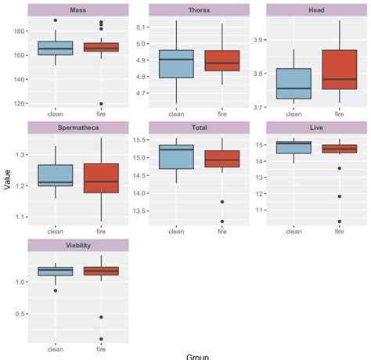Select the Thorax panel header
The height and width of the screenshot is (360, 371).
coord(199,9)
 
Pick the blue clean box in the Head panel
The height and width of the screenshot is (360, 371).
coord(294,83)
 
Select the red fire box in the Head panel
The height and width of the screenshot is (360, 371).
coord(339,74)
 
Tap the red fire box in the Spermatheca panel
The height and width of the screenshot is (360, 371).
coord(101,178)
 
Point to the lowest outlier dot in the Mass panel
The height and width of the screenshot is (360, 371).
coord(101,103)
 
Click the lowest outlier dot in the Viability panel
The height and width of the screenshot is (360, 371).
coord(101,339)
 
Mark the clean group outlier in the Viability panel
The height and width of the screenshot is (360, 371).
coord(56,290)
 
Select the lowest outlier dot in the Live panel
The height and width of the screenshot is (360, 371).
coord(339,221)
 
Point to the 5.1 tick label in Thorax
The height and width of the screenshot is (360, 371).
coord(141,27)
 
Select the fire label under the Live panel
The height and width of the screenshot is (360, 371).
coord(339,231)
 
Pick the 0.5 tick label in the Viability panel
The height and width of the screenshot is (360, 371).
coord(19,315)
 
